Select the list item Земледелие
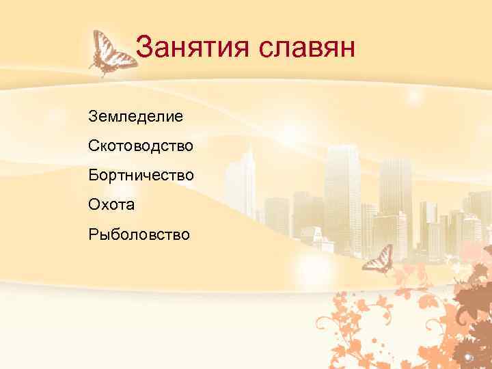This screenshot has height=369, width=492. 135,116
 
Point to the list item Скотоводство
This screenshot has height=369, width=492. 141,146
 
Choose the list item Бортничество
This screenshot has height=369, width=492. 141,175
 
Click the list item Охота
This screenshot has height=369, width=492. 111,204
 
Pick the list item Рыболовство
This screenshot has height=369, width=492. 139,234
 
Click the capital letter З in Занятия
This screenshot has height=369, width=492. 143,48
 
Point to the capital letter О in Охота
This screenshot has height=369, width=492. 94,204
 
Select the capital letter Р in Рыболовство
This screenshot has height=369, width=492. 93,234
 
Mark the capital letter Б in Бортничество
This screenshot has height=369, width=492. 93,175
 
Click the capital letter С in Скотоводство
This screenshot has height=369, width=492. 94,146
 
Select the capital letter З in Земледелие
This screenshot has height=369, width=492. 93,116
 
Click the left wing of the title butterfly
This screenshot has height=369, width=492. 100,45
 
